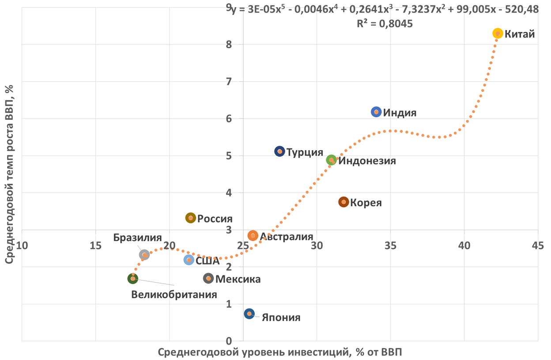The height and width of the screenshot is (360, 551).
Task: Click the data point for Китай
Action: click(x=498, y=34)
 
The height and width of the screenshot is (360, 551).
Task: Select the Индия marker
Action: click(x=376, y=112)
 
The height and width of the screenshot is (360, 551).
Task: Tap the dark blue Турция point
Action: click(x=279, y=152)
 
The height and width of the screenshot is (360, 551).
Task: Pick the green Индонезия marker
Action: click(x=331, y=160)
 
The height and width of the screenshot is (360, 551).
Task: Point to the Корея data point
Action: click(x=343, y=202)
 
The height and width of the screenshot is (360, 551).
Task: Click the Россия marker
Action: click(x=190, y=218)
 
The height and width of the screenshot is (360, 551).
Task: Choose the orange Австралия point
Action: click(x=253, y=236)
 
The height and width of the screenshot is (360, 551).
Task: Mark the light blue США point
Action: click(x=189, y=260)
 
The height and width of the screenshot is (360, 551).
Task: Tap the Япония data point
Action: click(x=249, y=314)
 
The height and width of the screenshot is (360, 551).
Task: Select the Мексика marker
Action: click(x=208, y=278)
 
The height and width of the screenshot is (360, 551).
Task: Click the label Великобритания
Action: click(x=174, y=295)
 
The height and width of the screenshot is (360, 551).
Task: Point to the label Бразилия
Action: click(x=137, y=238)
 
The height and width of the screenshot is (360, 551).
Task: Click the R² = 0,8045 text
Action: click(x=385, y=24)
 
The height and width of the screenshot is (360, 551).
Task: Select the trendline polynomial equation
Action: click(x=384, y=10)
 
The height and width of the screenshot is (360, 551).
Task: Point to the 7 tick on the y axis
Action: click(x=229, y=81)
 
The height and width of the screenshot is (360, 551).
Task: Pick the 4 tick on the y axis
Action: click(x=229, y=193)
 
